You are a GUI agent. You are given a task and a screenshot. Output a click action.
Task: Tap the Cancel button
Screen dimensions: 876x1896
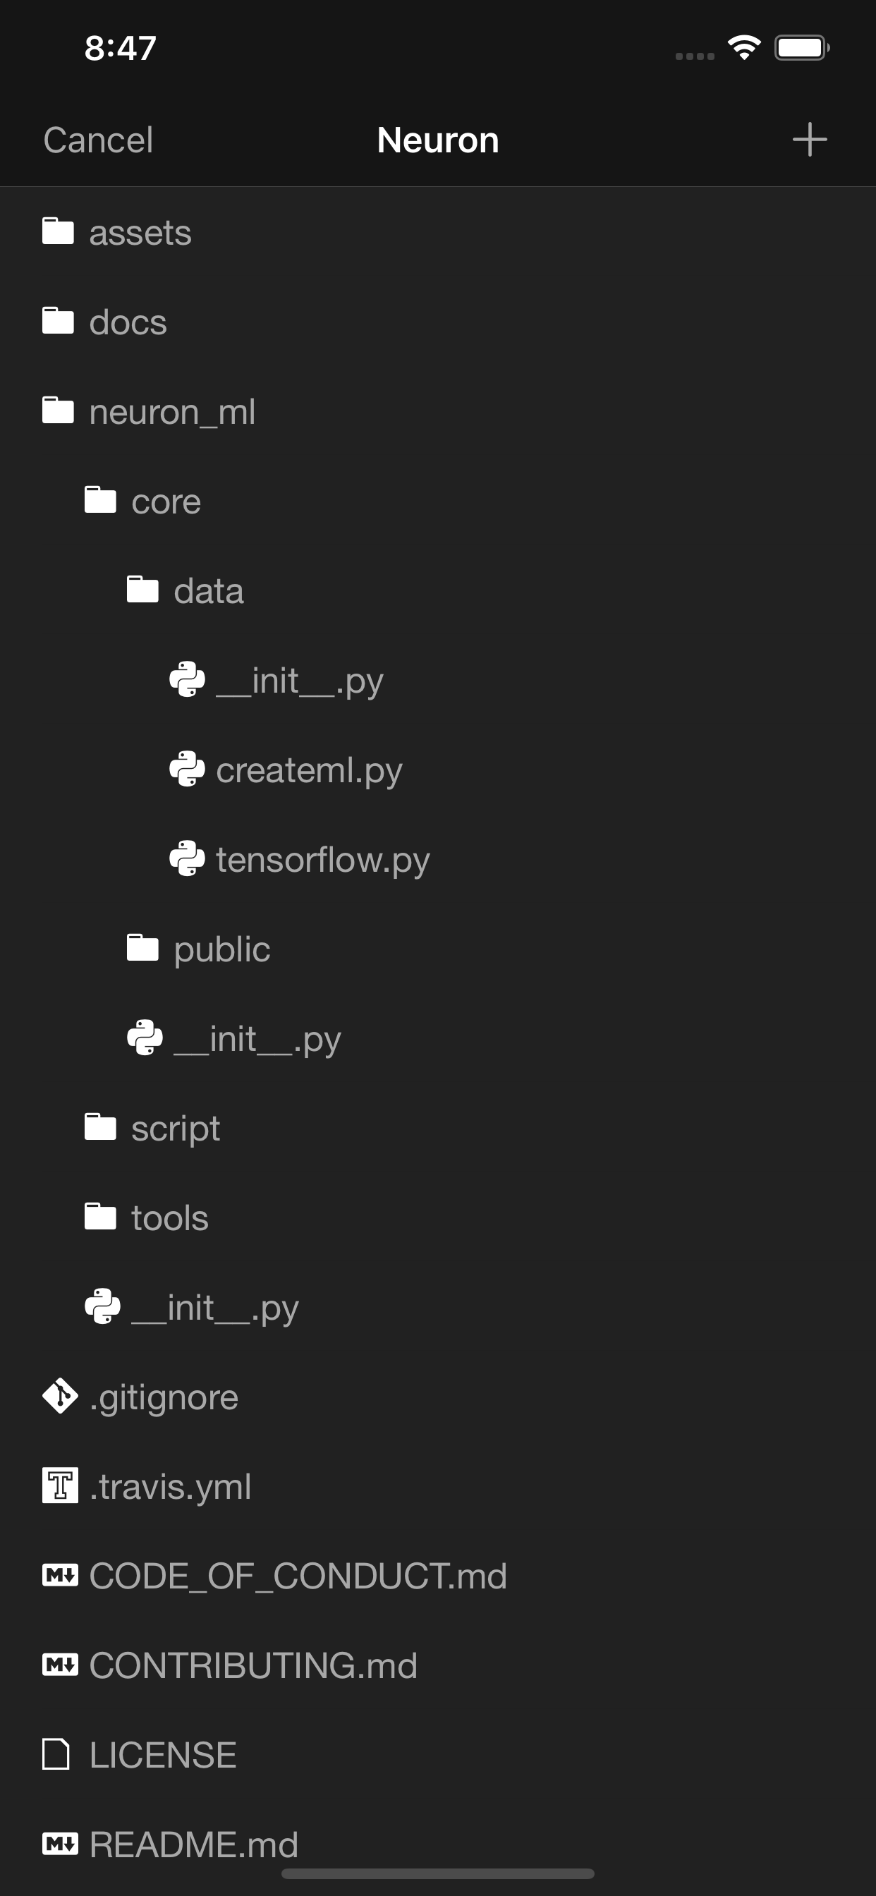point(98,140)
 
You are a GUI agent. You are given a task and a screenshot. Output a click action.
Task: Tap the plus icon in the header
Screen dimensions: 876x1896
point(809,140)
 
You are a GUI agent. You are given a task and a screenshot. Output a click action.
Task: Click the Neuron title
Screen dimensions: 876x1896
point(438,140)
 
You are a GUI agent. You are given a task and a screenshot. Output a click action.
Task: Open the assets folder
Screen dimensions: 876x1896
point(140,233)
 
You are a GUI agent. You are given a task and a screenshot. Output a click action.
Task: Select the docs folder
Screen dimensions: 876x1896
point(128,322)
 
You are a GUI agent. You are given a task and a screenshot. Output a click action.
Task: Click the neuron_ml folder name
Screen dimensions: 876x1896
point(172,412)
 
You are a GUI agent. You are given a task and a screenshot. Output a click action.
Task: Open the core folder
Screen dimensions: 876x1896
point(166,502)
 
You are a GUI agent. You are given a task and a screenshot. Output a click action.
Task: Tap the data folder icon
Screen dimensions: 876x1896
point(142,590)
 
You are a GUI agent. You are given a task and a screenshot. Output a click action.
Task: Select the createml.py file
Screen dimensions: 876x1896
point(308,770)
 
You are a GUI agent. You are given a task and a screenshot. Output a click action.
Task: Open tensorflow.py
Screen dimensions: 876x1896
point(322,860)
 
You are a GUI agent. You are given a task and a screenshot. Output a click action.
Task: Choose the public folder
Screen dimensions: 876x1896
point(221,949)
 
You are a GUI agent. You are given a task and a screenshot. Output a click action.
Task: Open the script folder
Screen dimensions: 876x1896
point(175,1129)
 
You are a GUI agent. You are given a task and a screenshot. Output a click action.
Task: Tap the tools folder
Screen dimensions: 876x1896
point(169,1218)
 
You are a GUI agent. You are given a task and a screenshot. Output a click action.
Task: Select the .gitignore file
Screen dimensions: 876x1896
point(164,1397)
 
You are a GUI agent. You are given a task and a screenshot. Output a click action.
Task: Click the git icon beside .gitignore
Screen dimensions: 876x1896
point(60,1396)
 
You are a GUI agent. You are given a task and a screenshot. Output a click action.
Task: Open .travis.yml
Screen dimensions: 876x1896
point(170,1487)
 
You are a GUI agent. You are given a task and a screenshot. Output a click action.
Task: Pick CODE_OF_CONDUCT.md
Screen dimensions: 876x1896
point(298,1576)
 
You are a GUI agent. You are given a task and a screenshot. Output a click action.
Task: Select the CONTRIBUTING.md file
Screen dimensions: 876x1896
point(253,1665)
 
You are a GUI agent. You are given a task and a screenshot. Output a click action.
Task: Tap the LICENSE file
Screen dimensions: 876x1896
point(163,1756)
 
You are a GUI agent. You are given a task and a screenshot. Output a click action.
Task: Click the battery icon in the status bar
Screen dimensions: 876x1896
point(801,48)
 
